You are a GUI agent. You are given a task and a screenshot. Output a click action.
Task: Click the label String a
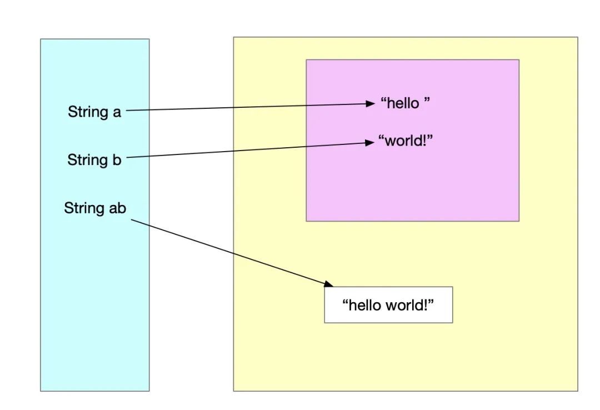(94, 112)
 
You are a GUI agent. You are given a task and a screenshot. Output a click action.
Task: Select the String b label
(94, 160)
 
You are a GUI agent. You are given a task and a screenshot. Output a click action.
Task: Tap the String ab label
(95, 208)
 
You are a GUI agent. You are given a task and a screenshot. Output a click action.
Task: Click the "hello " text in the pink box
(405, 103)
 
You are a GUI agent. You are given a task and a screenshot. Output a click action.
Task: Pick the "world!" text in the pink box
(406, 141)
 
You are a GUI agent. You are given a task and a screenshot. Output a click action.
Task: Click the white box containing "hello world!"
(388, 304)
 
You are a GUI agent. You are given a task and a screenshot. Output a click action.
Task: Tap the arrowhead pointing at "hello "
(371, 103)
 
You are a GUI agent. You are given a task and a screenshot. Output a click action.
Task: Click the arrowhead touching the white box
(328, 284)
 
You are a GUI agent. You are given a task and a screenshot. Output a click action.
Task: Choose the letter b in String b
(117, 160)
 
